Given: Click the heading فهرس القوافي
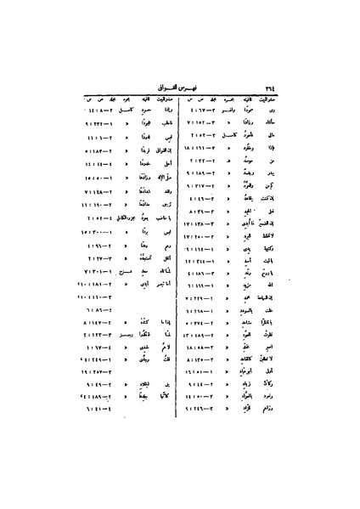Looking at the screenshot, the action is [x=179, y=84].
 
